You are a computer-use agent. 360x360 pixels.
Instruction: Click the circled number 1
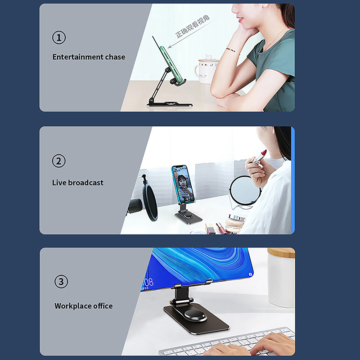59,37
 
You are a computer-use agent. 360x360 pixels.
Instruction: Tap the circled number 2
58,161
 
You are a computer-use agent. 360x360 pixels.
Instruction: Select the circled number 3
61,282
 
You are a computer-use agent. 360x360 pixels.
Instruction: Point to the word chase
115,57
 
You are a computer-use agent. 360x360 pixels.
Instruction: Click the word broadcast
86,183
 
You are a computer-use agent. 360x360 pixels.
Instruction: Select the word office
103,306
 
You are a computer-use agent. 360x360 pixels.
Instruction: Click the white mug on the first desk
207,70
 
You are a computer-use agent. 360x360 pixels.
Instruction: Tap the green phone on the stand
173,65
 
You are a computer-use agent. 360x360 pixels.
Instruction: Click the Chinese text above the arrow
193,27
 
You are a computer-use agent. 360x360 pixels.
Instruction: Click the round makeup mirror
245,189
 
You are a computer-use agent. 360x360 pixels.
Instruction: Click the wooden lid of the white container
281,253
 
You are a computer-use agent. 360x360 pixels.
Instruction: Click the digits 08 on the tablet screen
149,283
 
